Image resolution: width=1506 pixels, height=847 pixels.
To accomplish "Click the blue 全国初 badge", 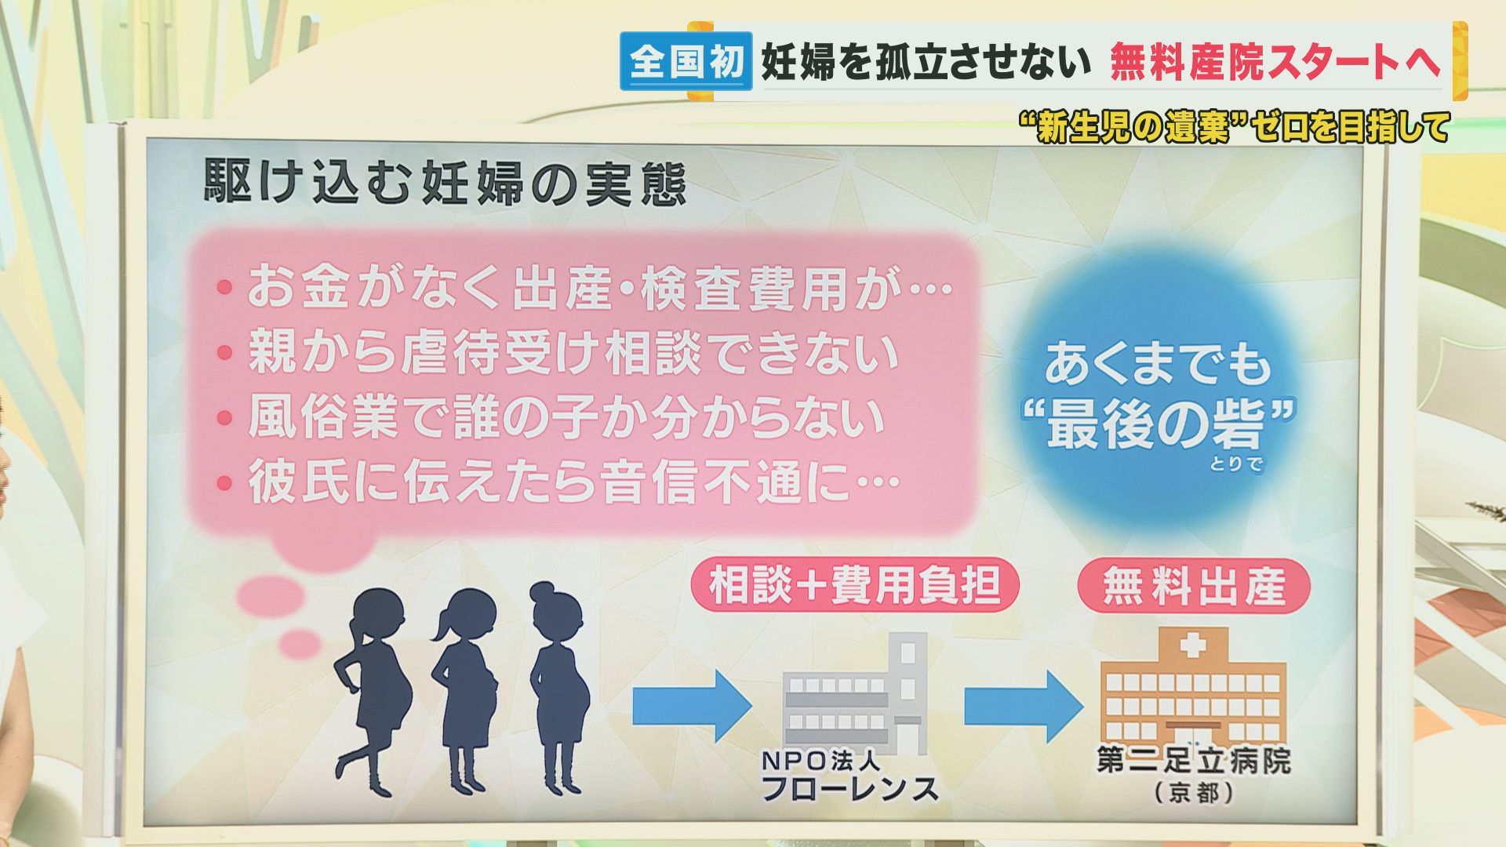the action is pyautogui.click(x=686, y=61).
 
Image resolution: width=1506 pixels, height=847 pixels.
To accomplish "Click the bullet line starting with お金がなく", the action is pyautogui.click(x=584, y=288).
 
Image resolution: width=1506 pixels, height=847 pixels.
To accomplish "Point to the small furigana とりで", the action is pyautogui.click(x=1236, y=463).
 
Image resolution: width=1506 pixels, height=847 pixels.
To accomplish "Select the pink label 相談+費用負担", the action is pyautogui.click(x=855, y=585).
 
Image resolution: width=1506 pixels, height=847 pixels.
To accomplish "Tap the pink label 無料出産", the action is pyautogui.click(x=1195, y=586).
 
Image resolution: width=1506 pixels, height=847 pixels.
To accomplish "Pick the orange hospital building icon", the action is pyautogui.click(x=1193, y=686).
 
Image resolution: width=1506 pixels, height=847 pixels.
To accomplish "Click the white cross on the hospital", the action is pyautogui.click(x=1193, y=645).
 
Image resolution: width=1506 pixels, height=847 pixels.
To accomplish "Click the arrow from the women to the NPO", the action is pyautogui.click(x=692, y=706).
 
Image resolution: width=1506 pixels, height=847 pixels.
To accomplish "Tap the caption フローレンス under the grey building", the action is pyautogui.click(x=849, y=787).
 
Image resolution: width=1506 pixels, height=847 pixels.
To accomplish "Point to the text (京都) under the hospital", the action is pyautogui.click(x=1194, y=792).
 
